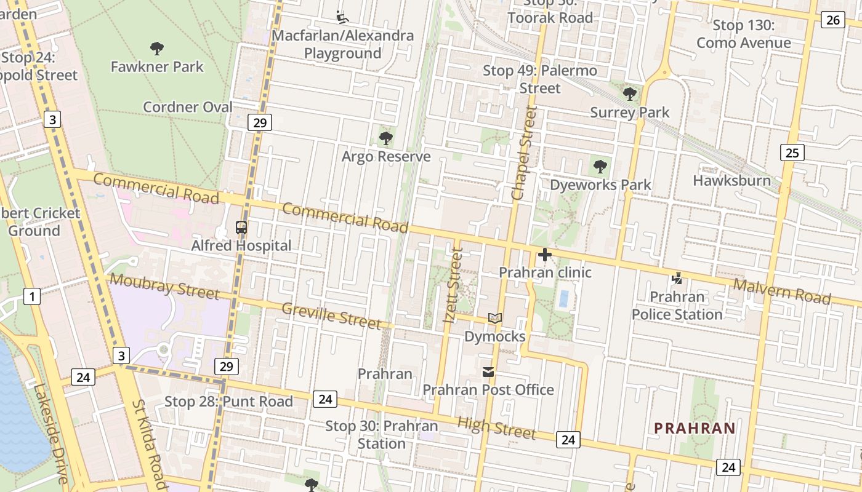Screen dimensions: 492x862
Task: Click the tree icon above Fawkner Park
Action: click(x=157, y=48)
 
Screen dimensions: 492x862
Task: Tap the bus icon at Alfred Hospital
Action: click(x=241, y=228)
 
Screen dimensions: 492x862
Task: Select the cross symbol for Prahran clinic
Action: click(x=545, y=254)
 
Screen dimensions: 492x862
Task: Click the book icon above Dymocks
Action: click(x=495, y=318)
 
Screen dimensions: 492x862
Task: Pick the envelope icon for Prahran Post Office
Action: click(x=488, y=371)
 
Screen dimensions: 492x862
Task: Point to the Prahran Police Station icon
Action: click(x=677, y=279)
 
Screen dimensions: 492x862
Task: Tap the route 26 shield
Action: click(x=832, y=20)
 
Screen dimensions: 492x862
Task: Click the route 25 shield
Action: click(x=792, y=152)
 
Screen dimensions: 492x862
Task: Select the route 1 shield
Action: click(x=32, y=296)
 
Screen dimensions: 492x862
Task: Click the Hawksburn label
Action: click(x=731, y=180)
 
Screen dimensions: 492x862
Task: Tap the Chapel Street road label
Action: click(x=525, y=153)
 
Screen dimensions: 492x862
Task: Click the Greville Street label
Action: click(x=331, y=315)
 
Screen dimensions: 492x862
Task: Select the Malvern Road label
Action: click(x=782, y=291)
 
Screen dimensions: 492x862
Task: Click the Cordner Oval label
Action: click(x=188, y=107)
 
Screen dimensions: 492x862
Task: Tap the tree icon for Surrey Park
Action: click(x=629, y=94)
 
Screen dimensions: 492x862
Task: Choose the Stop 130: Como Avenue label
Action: click(x=743, y=34)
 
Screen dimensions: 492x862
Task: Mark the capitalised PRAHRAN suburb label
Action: click(x=695, y=428)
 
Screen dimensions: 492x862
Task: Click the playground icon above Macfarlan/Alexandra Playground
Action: click(x=342, y=16)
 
